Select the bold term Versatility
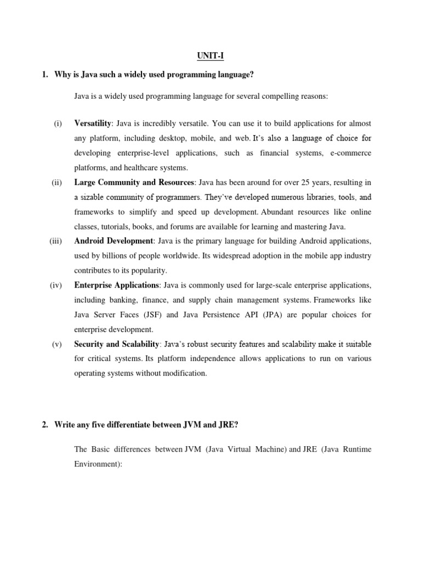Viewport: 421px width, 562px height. (x=93, y=123)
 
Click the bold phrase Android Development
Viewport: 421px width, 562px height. (x=114, y=241)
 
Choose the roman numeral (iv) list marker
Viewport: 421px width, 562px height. (x=58, y=285)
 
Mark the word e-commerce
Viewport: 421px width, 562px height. (x=350, y=153)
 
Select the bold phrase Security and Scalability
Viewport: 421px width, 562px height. (x=117, y=344)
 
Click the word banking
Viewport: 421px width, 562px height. (x=123, y=300)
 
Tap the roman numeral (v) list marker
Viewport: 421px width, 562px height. (x=58, y=344)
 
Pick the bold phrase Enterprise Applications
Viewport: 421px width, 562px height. (x=116, y=285)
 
